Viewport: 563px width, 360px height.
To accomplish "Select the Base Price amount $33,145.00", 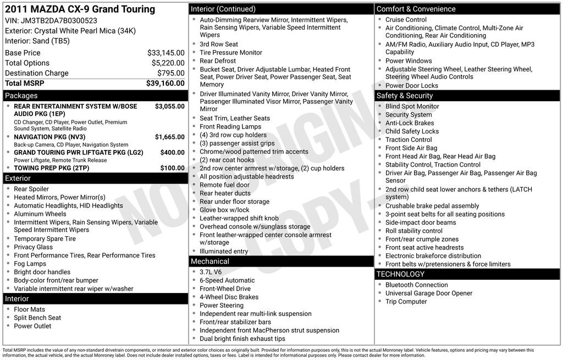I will point(166,53).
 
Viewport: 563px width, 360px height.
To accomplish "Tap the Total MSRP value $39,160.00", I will point(165,84).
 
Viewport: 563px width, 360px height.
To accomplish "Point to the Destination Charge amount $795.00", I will point(172,73).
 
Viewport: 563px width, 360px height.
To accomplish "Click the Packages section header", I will point(22,96).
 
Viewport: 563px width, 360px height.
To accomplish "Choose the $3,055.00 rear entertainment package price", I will point(170,107).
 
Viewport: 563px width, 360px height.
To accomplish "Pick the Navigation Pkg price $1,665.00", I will point(170,137).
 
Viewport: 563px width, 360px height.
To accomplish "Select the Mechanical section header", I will point(211,261).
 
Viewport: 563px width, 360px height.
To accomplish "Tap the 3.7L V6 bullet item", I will point(211,272).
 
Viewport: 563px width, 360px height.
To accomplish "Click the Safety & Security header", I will point(405,96).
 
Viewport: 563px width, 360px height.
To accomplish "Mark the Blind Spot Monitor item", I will point(412,107).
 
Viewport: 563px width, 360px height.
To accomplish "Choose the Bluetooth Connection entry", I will point(416,285).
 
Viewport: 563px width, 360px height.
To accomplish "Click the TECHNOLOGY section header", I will point(400,274).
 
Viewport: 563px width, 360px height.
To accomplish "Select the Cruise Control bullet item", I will point(406,20).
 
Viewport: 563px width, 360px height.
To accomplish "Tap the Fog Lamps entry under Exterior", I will point(30,264).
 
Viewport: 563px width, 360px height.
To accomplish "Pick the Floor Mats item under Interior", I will point(29,309).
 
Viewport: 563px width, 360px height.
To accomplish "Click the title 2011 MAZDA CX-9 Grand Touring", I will point(80,9).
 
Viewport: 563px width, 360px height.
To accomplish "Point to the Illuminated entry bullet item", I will point(224,251).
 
